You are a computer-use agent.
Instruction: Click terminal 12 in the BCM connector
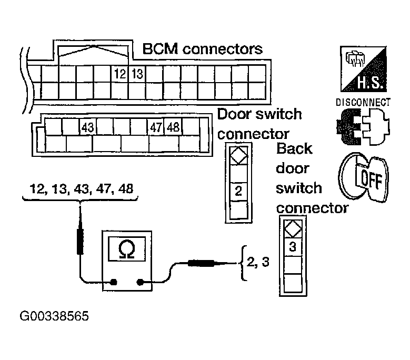click(x=120, y=74)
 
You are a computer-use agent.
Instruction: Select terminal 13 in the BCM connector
click(x=137, y=74)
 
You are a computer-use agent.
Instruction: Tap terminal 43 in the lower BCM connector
click(x=87, y=127)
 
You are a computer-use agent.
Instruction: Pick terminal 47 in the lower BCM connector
click(x=156, y=127)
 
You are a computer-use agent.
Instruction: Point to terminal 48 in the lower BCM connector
click(x=173, y=127)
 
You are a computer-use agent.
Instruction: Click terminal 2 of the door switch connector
click(x=238, y=192)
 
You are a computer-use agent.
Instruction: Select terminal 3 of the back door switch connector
click(x=293, y=247)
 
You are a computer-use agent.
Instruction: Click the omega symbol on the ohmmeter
click(x=126, y=249)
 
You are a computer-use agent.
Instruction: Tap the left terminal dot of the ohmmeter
click(x=114, y=282)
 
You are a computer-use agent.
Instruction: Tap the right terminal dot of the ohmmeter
click(x=140, y=282)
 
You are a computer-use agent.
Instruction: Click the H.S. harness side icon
click(x=364, y=69)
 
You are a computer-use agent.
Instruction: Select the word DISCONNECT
click(x=363, y=102)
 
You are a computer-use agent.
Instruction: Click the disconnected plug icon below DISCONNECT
click(x=363, y=127)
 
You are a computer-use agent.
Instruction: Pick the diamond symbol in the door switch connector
click(x=238, y=155)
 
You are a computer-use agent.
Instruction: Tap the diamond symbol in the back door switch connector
click(x=293, y=229)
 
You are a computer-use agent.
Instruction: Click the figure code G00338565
click(x=54, y=316)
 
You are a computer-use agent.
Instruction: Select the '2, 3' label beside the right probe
click(x=258, y=262)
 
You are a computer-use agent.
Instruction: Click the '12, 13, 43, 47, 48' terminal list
click(x=82, y=189)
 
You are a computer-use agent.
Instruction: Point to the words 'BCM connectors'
click(x=203, y=49)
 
